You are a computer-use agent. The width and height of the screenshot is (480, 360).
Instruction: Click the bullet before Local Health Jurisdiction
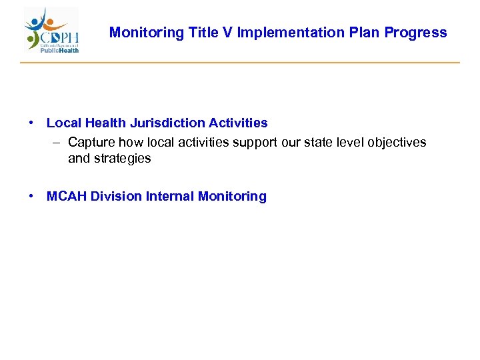click(x=31, y=123)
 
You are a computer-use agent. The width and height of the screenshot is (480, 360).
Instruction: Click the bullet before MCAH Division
click(x=31, y=197)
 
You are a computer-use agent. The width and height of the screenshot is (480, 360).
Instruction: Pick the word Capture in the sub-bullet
click(x=91, y=143)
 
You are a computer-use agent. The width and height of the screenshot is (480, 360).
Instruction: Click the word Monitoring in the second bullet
click(x=232, y=197)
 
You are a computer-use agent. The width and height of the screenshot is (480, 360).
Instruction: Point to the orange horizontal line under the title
click(x=240, y=63)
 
